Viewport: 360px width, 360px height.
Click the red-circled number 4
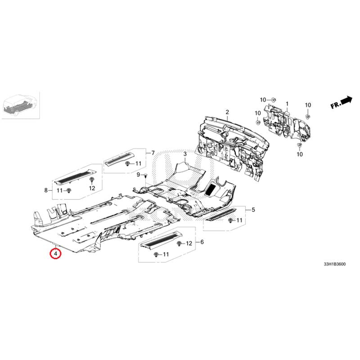coord(55,254)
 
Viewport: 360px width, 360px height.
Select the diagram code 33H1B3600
coord(334,264)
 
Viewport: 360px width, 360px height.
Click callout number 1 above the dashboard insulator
coord(287,104)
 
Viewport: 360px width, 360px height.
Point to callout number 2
coord(227,112)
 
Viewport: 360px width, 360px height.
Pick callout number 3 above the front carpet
coord(185,153)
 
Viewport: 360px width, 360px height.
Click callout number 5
coord(253,210)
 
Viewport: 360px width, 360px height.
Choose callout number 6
coord(202,242)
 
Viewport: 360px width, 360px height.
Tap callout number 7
coord(153,153)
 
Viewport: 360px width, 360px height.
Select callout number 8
coord(46,190)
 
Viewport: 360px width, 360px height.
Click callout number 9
coord(138,175)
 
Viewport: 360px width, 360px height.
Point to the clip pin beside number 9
coord(145,176)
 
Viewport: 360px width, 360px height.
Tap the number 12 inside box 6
coord(189,243)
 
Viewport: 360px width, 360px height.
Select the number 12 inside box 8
coord(92,188)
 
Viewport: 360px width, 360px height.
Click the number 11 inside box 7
coord(138,163)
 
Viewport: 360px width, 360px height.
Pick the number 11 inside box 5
coord(239,220)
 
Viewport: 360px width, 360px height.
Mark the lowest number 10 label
coord(300,154)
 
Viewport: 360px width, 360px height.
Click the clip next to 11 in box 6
coord(156,254)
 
